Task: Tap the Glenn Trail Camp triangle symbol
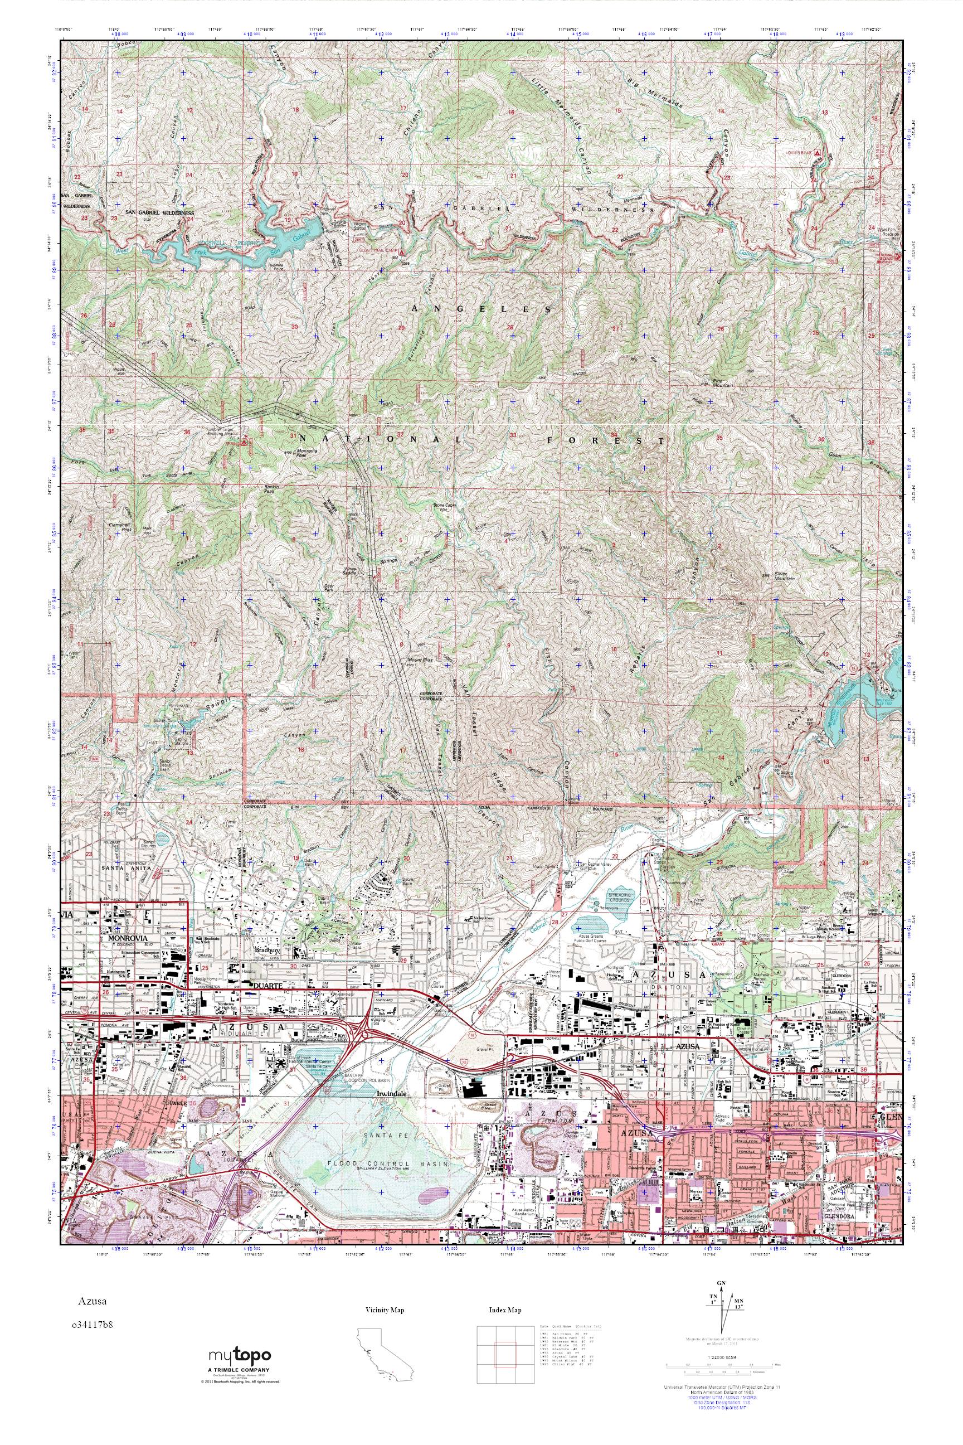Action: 402,253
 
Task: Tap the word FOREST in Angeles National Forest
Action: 606,440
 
